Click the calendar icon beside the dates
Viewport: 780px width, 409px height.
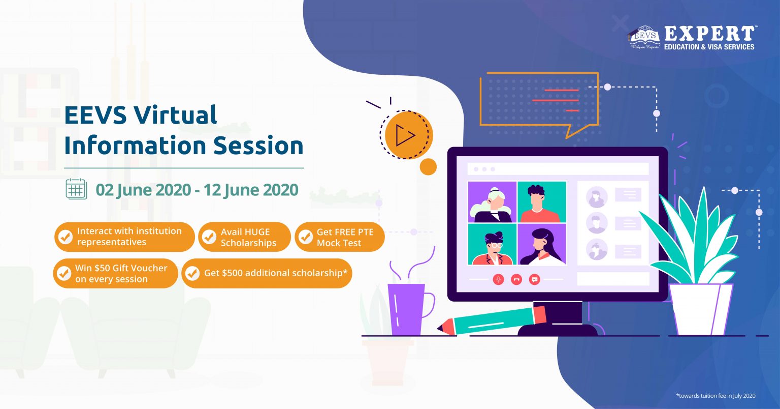(x=76, y=189)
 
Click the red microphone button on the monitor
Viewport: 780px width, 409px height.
(x=498, y=279)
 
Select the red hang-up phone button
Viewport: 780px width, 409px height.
(x=516, y=279)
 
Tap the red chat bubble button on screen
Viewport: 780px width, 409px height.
(x=535, y=279)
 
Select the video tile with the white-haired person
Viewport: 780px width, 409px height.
(x=492, y=202)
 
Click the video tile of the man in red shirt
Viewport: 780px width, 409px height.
(x=542, y=202)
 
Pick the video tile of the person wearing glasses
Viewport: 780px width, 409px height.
(x=492, y=244)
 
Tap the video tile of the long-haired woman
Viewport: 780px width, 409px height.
(x=542, y=244)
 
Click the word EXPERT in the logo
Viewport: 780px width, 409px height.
(x=709, y=34)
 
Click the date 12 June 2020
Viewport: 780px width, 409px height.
(x=251, y=190)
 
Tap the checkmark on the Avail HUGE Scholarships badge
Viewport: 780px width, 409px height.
(x=209, y=237)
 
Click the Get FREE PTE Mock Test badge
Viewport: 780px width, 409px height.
(x=340, y=237)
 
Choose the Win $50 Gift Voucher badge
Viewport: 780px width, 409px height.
(x=116, y=273)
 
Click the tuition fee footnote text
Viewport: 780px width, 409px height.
(x=716, y=396)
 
